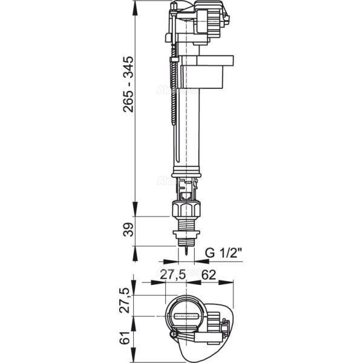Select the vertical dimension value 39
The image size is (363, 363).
(x=126, y=230)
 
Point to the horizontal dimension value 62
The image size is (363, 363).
(x=209, y=274)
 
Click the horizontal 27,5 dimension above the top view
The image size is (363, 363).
(x=174, y=274)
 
